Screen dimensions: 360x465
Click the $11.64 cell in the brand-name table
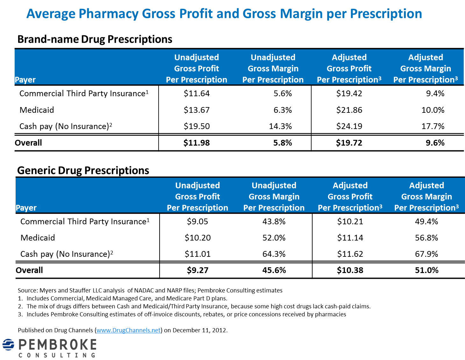(x=197, y=93)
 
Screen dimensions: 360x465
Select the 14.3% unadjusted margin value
(x=280, y=126)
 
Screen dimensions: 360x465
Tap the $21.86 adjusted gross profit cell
(x=349, y=110)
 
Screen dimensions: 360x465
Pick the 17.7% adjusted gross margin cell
(x=433, y=126)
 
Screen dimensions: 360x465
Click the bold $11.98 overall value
(x=197, y=143)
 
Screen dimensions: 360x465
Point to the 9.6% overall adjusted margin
(x=435, y=143)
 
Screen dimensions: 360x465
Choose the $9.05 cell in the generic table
(x=197, y=221)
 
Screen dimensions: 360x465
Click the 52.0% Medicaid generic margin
(x=274, y=238)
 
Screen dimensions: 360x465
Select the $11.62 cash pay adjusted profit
(x=350, y=254)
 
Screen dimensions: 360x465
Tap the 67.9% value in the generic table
(x=426, y=254)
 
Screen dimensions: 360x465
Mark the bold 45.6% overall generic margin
(x=274, y=270)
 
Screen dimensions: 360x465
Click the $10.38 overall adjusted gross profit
(x=350, y=270)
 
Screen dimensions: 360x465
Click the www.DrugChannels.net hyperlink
(x=128, y=330)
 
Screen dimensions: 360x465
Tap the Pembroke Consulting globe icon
(x=9, y=345)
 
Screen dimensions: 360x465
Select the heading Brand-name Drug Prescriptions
(x=95, y=39)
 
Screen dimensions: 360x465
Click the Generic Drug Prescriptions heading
(x=83, y=170)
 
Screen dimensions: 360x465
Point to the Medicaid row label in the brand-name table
(x=37, y=110)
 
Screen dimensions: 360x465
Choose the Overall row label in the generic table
(x=29, y=270)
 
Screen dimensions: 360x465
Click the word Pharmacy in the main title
(x=108, y=14)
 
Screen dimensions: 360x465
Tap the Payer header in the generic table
(x=26, y=208)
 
